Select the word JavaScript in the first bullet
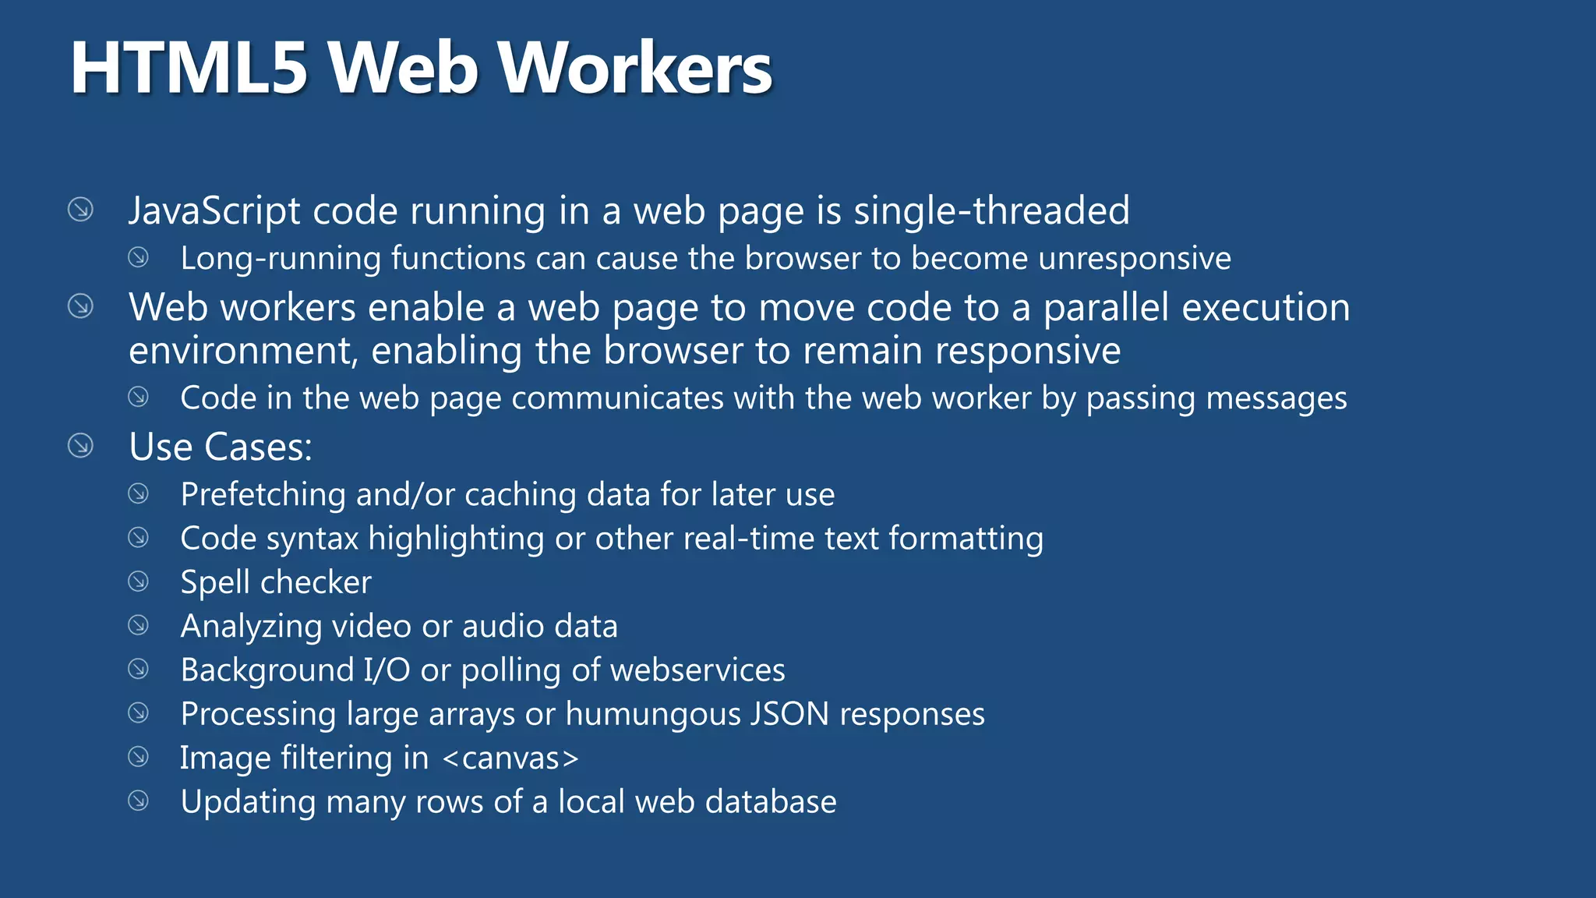[x=214, y=211]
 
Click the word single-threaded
[x=991, y=211]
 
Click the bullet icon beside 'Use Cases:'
[x=80, y=446]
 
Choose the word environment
[x=242, y=351]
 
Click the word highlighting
[x=456, y=539]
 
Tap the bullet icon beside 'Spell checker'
[x=139, y=582]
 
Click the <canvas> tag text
[x=510, y=758]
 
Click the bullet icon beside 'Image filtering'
[x=139, y=757]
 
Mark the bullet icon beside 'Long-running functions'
[x=139, y=257]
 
